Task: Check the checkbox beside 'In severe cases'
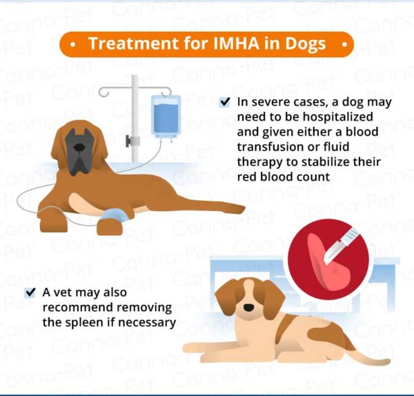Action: (225, 102)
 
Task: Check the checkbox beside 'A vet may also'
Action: (30, 293)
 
